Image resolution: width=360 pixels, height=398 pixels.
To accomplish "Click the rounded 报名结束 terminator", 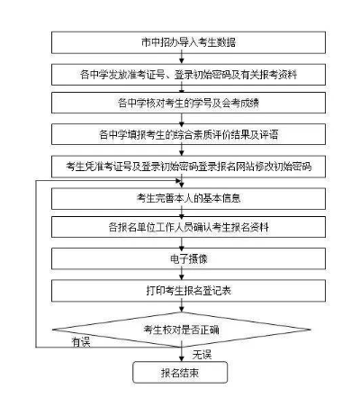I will click(181, 371).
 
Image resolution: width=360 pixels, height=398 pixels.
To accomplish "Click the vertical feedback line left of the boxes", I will click(34, 261).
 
